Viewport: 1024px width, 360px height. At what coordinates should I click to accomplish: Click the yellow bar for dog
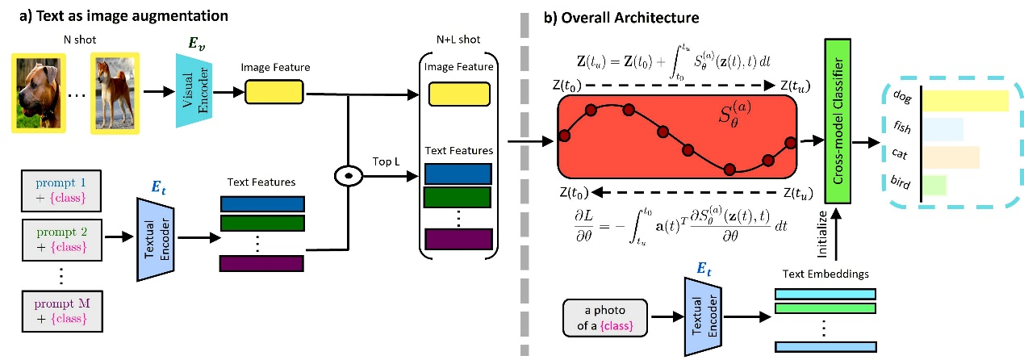tap(965, 101)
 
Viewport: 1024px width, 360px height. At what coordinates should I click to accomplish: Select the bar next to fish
tap(942, 129)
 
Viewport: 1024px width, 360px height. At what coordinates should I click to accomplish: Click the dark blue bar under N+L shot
tap(457, 174)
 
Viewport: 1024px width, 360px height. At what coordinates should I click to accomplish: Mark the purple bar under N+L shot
tap(457, 239)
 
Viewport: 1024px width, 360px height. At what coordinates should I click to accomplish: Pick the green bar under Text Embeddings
tap(825, 307)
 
